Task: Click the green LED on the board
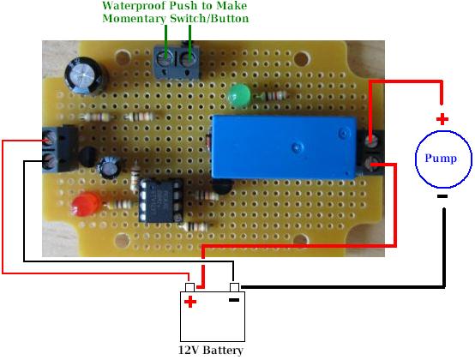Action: [x=239, y=95]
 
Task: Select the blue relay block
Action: [x=284, y=147]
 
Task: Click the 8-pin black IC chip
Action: [x=161, y=200]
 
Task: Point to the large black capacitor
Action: [x=86, y=75]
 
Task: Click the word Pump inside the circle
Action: [x=441, y=158]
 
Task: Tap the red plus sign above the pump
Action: [x=442, y=119]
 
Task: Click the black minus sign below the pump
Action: [x=442, y=196]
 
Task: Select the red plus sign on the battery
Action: [x=190, y=302]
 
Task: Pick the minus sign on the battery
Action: [x=234, y=300]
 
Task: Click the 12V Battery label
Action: [x=211, y=351]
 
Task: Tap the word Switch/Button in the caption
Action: [x=209, y=19]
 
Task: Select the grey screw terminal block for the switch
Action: [x=177, y=62]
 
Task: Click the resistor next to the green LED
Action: [x=272, y=96]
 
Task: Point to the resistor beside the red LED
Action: [x=120, y=204]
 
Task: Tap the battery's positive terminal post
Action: [x=189, y=287]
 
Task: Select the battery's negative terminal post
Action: [x=234, y=287]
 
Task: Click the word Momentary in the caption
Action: [x=135, y=19]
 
